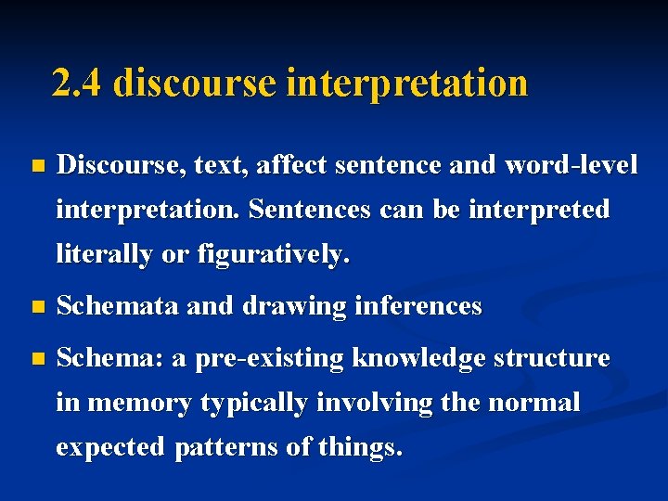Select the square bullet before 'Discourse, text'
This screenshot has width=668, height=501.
coord(37,167)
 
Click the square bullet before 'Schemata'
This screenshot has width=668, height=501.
coord(37,306)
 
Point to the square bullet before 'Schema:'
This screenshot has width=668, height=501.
coord(37,358)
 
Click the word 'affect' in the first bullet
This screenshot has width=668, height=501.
coord(291,165)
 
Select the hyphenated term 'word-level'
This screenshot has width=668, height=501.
coord(571,165)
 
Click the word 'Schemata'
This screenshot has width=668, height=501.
coord(118,305)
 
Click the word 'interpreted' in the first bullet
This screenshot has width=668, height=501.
coord(539,210)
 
